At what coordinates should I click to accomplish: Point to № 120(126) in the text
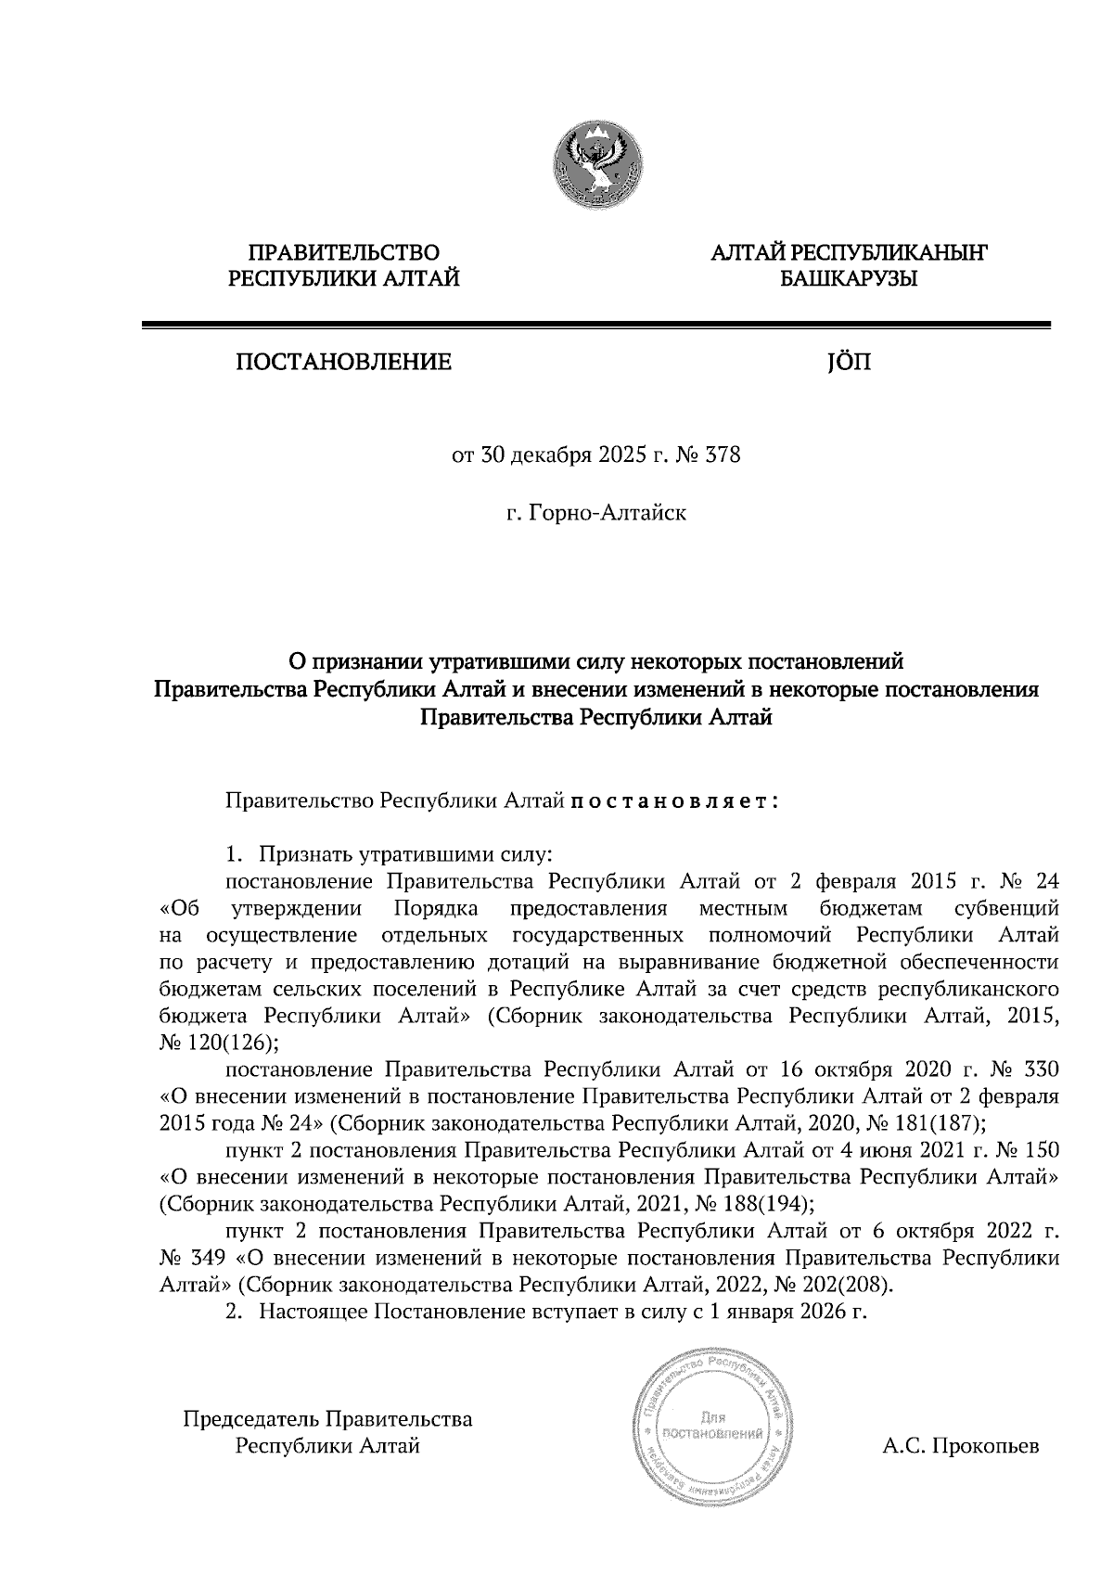pyautogui.click(x=219, y=1042)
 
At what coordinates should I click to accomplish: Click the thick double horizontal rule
pyautogui.click(x=595, y=326)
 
